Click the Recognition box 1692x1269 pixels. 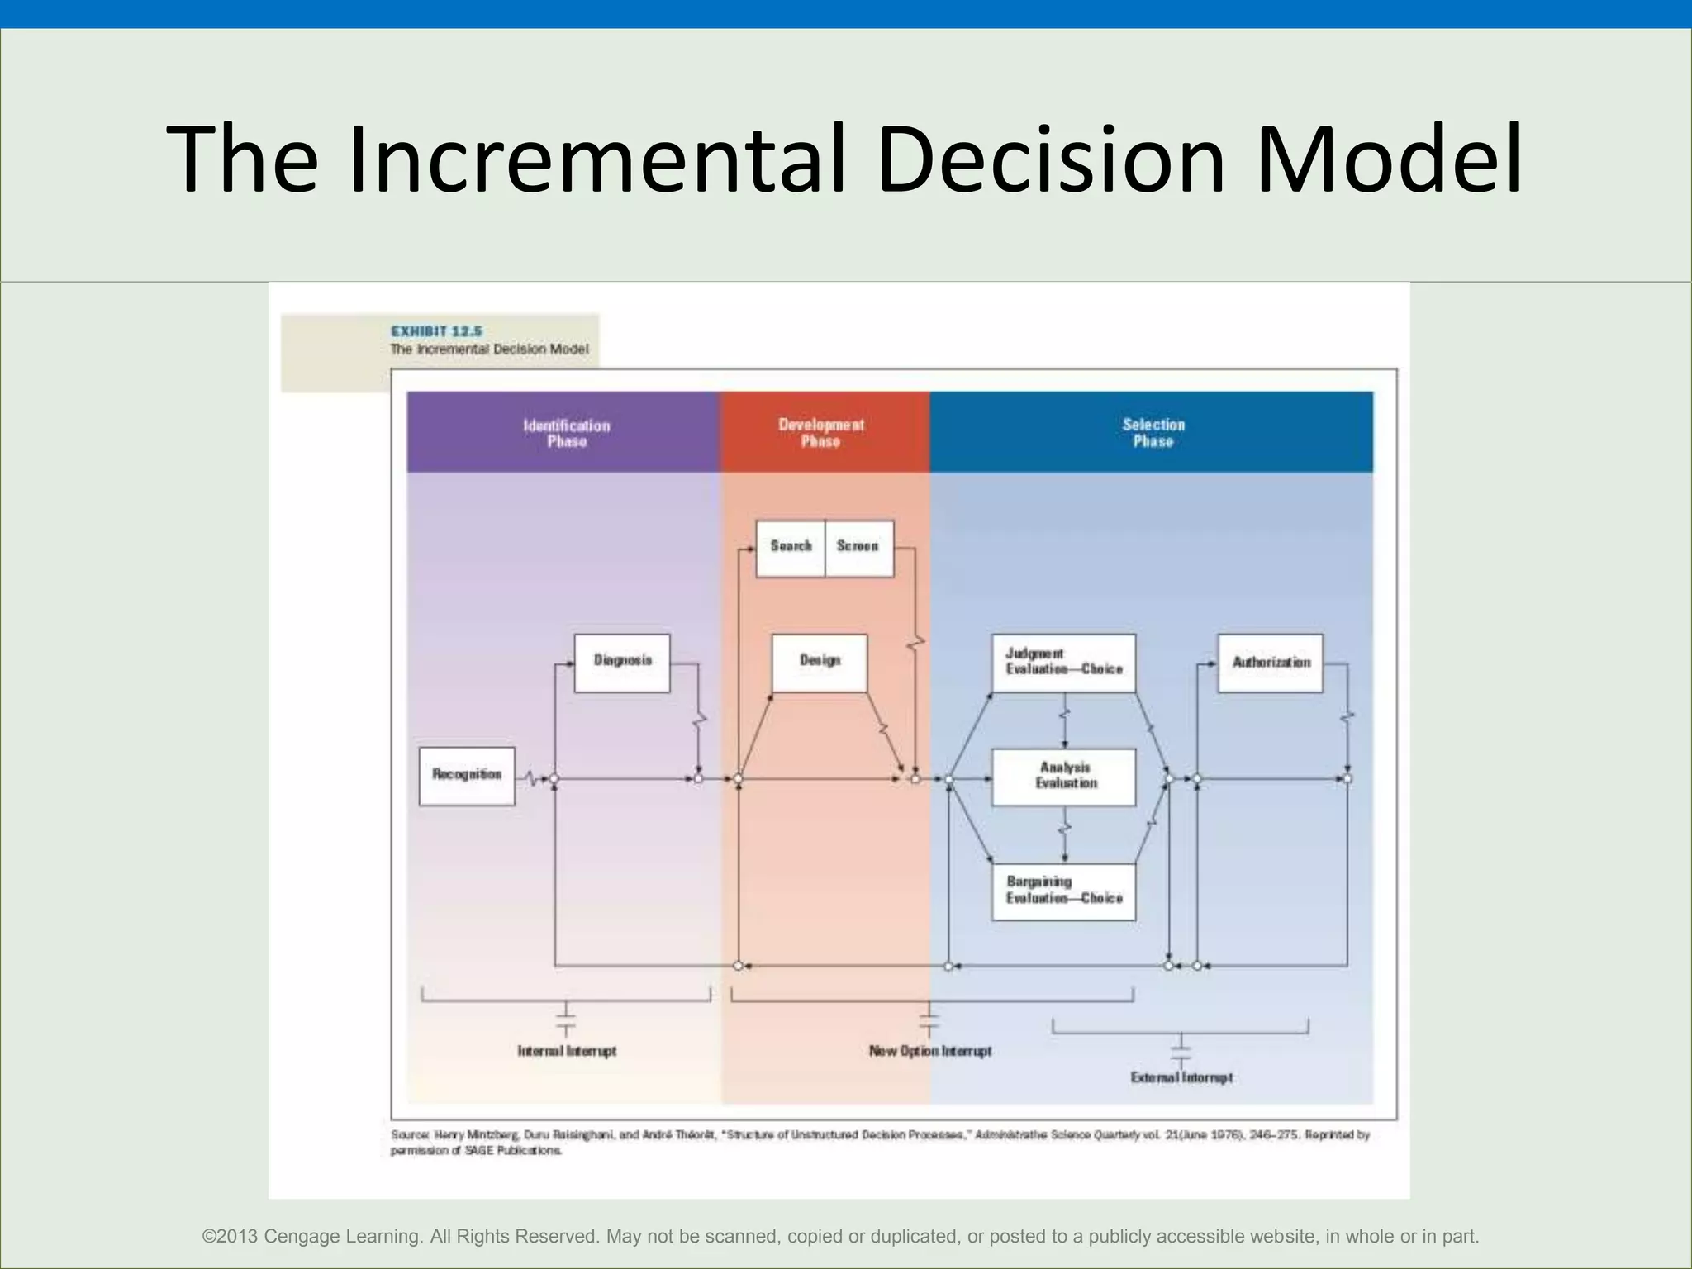[467, 775]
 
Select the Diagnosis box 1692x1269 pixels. [622, 662]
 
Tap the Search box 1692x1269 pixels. [791, 547]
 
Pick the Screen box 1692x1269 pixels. [858, 547]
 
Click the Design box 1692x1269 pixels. [820, 662]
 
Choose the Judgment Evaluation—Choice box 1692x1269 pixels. [1063, 662]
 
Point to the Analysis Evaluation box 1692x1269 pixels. [1063, 776]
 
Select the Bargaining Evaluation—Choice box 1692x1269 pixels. [1063, 891]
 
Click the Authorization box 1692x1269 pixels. [1270, 662]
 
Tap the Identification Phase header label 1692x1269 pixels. [567, 433]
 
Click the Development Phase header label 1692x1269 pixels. [820, 432]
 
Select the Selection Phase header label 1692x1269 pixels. [1153, 432]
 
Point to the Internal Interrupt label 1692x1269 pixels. [567, 1051]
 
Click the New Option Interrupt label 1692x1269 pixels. [929, 1051]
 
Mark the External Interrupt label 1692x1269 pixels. [1181, 1077]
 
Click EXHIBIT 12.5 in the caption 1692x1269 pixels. [436, 331]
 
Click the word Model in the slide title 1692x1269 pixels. [1388, 159]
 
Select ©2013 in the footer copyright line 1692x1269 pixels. [231, 1237]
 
